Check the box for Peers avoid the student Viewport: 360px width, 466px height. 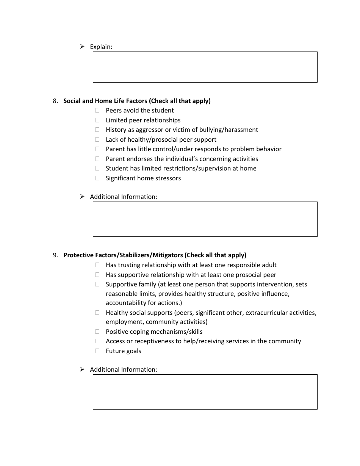click(97, 110)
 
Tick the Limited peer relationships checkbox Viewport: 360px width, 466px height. click(97, 120)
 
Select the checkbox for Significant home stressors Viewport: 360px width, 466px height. click(97, 178)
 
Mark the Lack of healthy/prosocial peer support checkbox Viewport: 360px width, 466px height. click(97, 139)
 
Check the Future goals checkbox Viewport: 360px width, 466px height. click(97, 351)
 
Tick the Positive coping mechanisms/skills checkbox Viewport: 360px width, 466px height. click(97, 332)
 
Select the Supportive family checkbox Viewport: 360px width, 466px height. click(97, 284)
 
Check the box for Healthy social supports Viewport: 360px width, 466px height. click(97, 313)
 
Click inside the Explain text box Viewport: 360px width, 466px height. click(205, 67)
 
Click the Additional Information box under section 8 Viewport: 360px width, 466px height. click(205, 219)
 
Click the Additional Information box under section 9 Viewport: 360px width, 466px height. click(205, 392)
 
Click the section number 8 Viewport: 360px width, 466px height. click(55, 101)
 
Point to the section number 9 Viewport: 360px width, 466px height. click(55, 255)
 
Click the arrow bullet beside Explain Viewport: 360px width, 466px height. click(82, 47)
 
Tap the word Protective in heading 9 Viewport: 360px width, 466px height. click(77, 255)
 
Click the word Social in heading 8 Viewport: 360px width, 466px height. click(72, 101)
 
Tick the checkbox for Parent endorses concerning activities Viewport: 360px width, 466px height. click(97, 159)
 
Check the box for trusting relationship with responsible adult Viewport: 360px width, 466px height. click(97, 265)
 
